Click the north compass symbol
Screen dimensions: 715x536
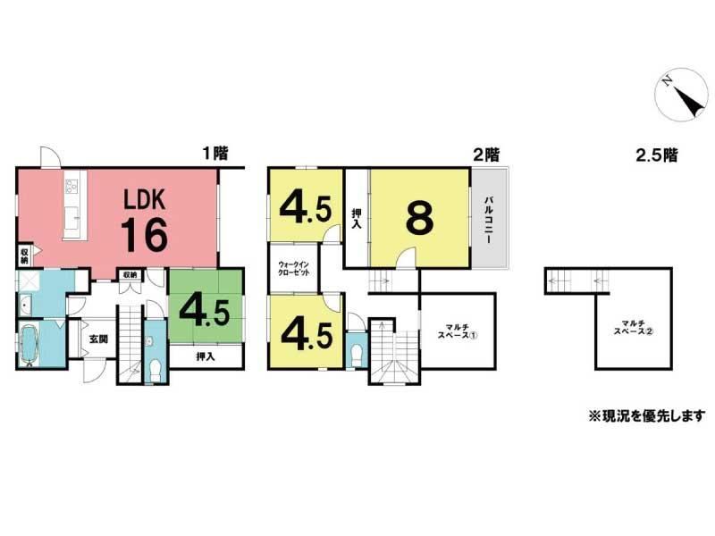click(682, 95)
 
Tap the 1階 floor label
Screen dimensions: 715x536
click(215, 153)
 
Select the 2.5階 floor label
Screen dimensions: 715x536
click(657, 155)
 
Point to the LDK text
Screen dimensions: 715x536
click(145, 199)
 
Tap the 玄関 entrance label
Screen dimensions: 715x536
click(98, 339)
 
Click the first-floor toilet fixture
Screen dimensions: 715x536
click(156, 367)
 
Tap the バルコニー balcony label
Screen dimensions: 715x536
click(489, 220)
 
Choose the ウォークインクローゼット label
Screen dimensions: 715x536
click(294, 269)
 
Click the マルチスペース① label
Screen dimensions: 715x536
click(457, 331)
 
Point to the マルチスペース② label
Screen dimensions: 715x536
click(634, 327)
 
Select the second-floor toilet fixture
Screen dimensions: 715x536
click(357, 355)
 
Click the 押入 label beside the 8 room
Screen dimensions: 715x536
click(357, 219)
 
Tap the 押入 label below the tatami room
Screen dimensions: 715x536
click(206, 356)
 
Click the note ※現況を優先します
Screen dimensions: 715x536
click(646, 415)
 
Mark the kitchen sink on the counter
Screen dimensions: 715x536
click(72, 216)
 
